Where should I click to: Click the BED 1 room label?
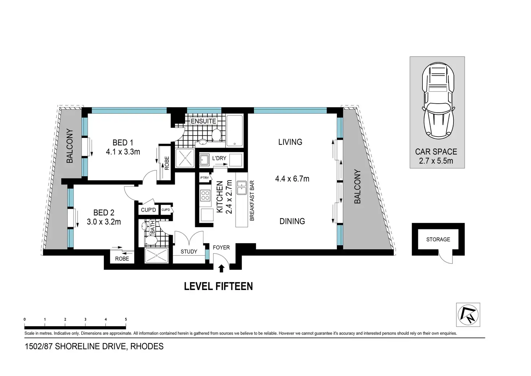[123, 143]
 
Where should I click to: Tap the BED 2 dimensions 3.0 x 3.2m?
[104, 222]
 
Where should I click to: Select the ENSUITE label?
[203, 121]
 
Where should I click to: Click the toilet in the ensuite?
[216, 135]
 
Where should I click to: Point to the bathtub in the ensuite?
[234, 130]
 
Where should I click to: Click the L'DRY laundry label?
[219, 158]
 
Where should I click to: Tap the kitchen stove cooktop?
[205, 195]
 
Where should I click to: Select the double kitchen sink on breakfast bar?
[242, 187]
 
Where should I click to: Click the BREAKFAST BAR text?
[252, 200]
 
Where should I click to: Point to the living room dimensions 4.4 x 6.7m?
[292, 178]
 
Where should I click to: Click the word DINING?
[292, 221]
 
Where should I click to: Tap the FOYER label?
[221, 247]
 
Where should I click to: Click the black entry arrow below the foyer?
[221, 268]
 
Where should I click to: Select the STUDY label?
[189, 252]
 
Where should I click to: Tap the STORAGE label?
[438, 239]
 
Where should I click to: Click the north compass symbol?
[468, 315]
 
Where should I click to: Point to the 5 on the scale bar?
[126, 319]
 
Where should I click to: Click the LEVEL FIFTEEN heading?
[218, 286]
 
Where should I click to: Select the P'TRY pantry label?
[205, 178]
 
